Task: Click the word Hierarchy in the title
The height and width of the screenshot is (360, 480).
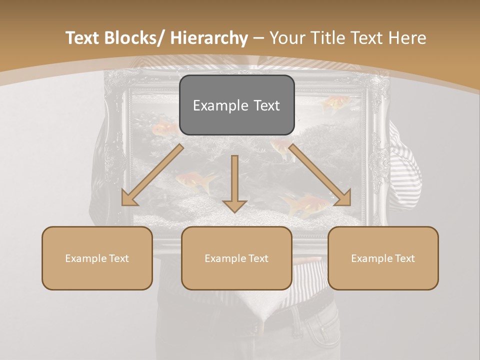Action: (209, 38)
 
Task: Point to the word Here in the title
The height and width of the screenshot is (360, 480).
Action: (408, 38)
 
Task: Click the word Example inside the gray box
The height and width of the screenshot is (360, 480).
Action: (220, 105)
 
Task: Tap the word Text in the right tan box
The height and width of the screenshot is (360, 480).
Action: (404, 258)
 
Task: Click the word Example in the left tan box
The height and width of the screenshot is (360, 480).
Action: (86, 258)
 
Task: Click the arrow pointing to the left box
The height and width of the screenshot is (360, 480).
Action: (152, 175)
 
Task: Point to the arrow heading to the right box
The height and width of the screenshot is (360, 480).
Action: (320, 175)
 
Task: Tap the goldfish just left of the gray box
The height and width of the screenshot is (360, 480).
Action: (165, 129)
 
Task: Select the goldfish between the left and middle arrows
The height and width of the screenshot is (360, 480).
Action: (197, 181)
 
